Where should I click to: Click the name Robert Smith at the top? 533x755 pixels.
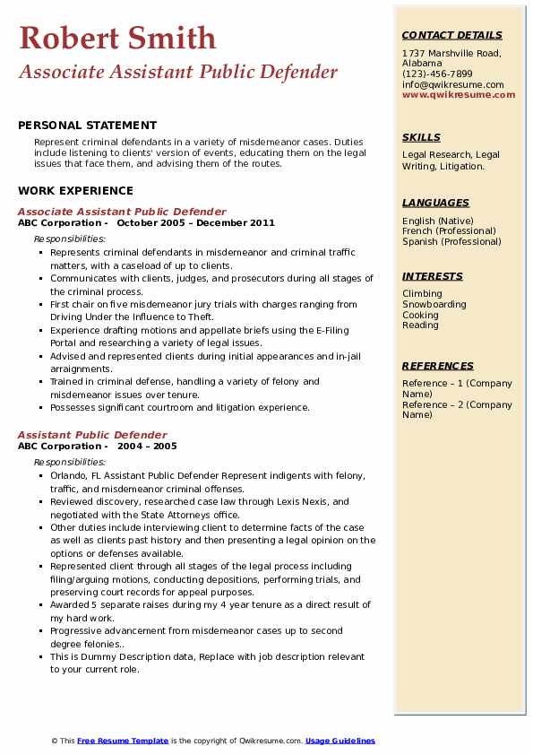[116, 38]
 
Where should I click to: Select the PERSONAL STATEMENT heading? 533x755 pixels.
[87, 126]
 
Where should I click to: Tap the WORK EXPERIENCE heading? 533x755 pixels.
[75, 190]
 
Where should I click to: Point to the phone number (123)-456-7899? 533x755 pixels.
[437, 74]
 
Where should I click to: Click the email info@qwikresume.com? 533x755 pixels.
[452, 84]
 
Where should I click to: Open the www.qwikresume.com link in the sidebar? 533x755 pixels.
[452, 94]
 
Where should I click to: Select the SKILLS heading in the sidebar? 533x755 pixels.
[421, 137]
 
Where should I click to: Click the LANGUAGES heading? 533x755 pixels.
[435, 203]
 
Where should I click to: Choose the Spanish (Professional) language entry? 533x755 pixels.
[452, 241]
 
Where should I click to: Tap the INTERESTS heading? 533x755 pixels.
[433, 276]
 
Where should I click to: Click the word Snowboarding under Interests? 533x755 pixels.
[434, 304]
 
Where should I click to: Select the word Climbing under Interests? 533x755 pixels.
[422, 293]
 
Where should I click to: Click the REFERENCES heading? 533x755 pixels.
[438, 366]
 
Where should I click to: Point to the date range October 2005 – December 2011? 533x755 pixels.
[195, 223]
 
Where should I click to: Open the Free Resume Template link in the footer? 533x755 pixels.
[123, 741]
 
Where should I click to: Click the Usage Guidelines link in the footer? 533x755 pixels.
[340, 741]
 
